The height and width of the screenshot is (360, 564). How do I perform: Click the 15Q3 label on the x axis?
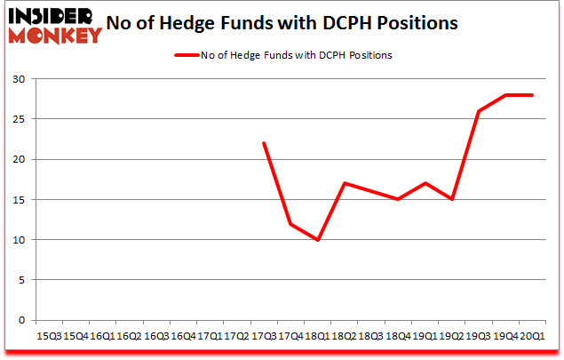click(x=49, y=335)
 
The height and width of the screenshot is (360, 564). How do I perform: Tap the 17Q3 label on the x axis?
click(x=264, y=335)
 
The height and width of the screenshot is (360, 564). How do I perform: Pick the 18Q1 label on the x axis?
click(x=317, y=335)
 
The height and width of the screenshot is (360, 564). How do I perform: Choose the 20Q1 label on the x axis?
click(x=532, y=335)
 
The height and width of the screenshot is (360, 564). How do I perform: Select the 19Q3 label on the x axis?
click(x=479, y=335)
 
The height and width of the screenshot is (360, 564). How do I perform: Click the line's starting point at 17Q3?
click(x=264, y=143)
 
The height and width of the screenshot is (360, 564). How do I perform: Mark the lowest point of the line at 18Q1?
click(x=317, y=240)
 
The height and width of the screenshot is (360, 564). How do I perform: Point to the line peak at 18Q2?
click(x=345, y=183)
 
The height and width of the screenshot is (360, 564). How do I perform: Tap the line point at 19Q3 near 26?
click(x=479, y=111)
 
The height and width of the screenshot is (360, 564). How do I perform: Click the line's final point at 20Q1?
click(x=532, y=95)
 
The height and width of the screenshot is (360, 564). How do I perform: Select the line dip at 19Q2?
click(x=452, y=199)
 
